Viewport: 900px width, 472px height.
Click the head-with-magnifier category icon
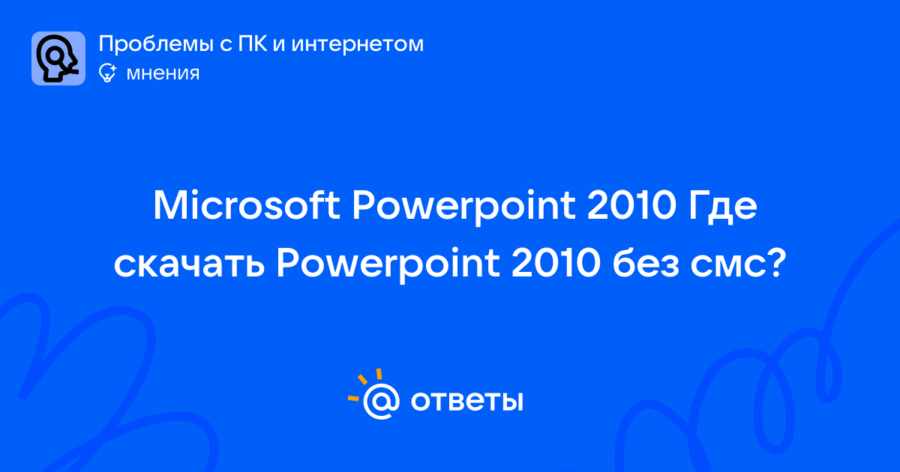click(58, 58)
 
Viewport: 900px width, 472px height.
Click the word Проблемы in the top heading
click(156, 44)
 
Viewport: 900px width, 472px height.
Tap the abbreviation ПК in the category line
click(253, 43)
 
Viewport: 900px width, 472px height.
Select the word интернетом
click(357, 44)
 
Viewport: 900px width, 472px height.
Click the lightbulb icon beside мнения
click(107, 73)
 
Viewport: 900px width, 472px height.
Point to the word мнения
click(163, 73)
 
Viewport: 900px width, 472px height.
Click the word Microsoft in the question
click(247, 205)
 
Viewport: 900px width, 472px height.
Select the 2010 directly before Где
click(632, 205)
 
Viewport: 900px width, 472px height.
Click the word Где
click(723, 207)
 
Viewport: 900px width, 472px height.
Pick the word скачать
click(189, 264)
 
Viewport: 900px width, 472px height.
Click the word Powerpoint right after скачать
click(388, 266)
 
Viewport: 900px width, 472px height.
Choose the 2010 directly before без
click(556, 263)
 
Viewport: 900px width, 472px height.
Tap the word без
click(646, 263)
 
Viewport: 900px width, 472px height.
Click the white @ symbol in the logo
click(381, 402)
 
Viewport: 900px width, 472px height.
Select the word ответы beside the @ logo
click(466, 401)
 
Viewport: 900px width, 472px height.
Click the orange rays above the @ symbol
click(364, 384)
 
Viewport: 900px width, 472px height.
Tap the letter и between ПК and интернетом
click(279, 45)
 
